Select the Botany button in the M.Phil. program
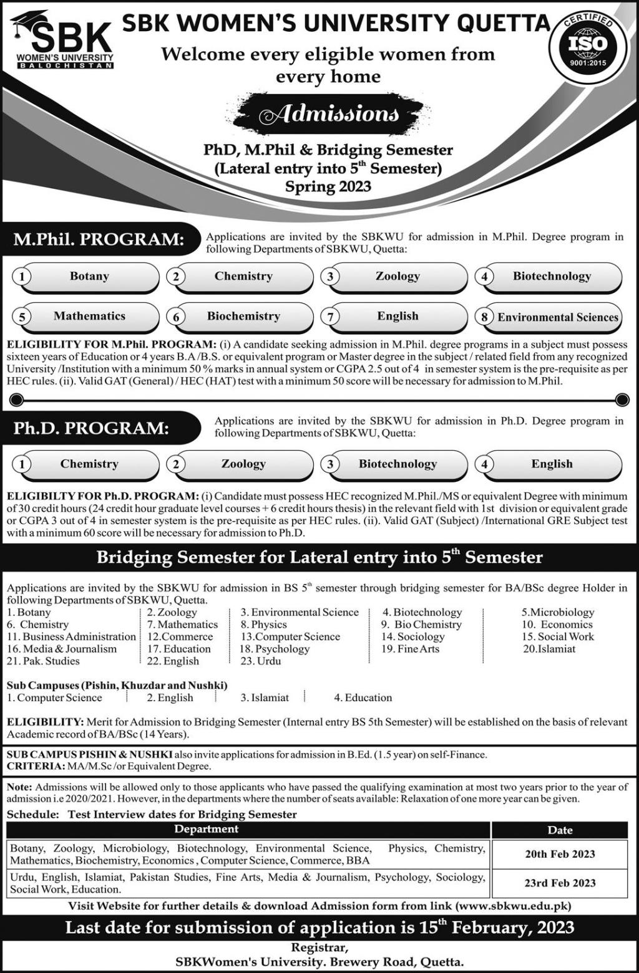point(89,277)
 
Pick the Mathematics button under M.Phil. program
point(89,317)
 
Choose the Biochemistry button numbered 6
point(243,317)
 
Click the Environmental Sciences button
point(557,317)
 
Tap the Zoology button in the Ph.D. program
point(243,464)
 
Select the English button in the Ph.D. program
point(552,464)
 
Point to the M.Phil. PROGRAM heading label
point(99,239)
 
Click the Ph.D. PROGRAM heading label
point(92,428)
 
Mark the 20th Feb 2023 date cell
point(560,854)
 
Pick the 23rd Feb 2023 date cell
point(560,883)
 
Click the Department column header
point(206,829)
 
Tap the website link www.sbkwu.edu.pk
point(513,906)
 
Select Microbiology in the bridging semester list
point(558,612)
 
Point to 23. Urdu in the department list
point(261,661)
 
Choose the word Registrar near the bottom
point(319,948)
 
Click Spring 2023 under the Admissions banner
point(328,186)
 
